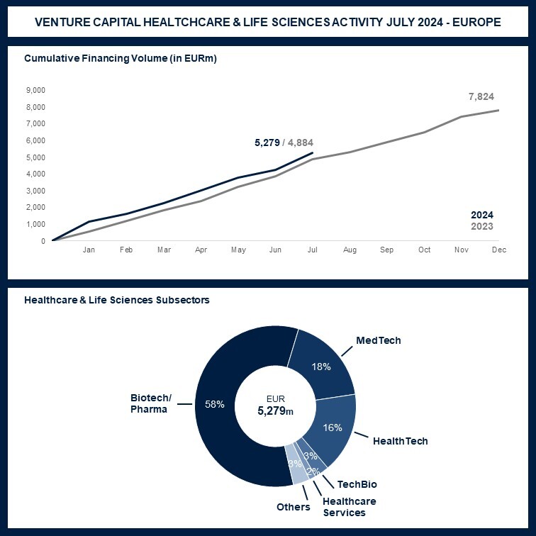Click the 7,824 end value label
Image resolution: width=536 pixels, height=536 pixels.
[x=481, y=96]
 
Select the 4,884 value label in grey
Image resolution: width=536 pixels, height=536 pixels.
[x=299, y=143]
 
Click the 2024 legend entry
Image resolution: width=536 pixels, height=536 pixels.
[x=482, y=215]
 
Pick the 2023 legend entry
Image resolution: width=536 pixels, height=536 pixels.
[x=482, y=227]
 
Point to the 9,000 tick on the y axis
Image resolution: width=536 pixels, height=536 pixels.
[x=35, y=90]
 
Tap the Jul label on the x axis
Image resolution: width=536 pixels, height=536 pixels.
[x=312, y=250]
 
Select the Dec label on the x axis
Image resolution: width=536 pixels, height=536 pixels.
[x=498, y=250]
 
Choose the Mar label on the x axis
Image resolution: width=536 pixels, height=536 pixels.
[x=164, y=250]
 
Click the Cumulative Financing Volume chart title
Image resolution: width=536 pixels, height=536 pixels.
[x=121, y=58]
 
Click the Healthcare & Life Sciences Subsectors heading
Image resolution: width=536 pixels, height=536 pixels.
[x=117, y=300]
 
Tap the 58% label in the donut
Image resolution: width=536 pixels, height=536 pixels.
[x=214, y=404]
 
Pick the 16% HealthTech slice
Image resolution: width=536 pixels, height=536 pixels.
[x=333, y=427]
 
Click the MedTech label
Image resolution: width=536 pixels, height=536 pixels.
[x=378, y=340]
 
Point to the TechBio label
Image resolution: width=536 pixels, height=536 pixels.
[x=357, y=484]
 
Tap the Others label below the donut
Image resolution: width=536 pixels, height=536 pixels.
[x=294, y=507]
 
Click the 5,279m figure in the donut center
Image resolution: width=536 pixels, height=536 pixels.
[x=273, y=411]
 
